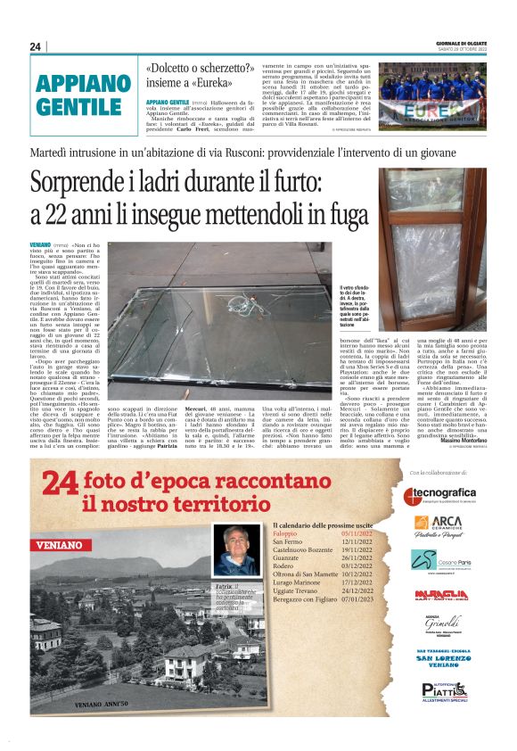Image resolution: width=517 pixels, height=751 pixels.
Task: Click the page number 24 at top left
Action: click(x=35, y=46)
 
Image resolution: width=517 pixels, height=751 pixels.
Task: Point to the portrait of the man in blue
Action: click(x=236, y=550)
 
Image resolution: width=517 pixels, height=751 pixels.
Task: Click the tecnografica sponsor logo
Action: click(x=439, y=495)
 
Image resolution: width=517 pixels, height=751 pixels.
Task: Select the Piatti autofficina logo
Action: click(x=444, y=690)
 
